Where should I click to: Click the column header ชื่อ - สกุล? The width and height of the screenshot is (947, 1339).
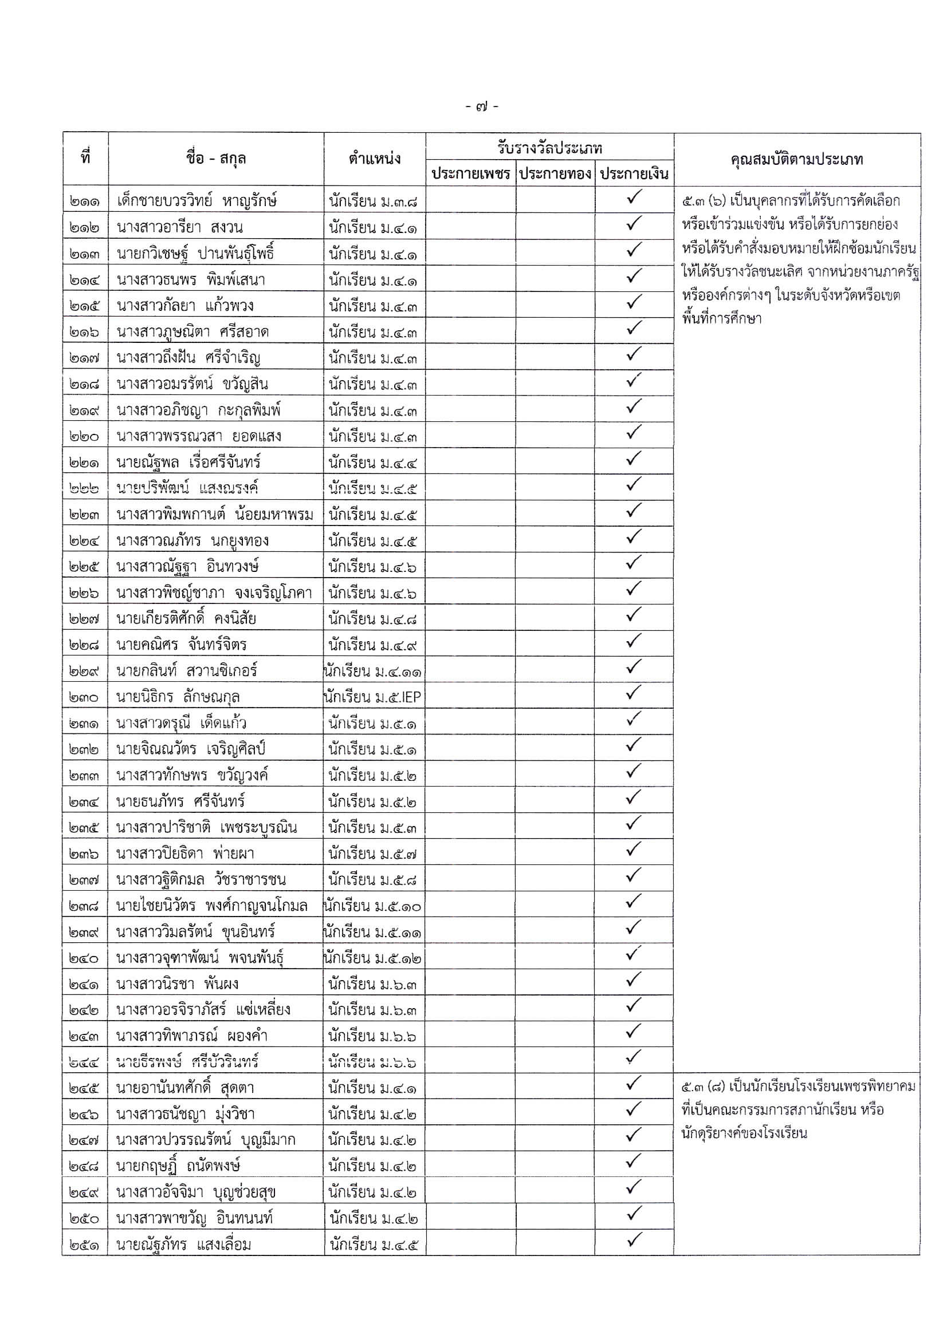pyautogui.click(x=216, y=159)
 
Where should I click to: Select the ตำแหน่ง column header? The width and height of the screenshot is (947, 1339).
pyautogui.click(x=375, y=159)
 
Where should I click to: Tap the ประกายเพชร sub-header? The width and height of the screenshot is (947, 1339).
pyautogui.click(x=470, y=174)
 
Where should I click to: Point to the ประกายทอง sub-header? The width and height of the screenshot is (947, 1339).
pyautogui.click(x=555, y=174)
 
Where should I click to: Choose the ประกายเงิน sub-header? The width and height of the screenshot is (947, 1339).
pyautogui.click(x=634, y=174)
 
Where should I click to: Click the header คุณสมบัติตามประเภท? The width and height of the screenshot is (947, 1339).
pyautogui.click(x=797, y=159)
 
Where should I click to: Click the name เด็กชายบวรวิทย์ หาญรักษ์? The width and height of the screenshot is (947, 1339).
pyautogui.click(x=197, y=201)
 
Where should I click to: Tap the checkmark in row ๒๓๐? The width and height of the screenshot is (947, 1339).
pyautogui.click(x=633, y=693)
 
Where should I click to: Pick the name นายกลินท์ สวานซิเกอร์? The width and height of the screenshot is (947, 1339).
pyautogui.click(x=187, y=672)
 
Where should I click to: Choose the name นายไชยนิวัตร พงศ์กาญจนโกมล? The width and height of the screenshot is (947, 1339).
pyautogui.click(x=212, y=906)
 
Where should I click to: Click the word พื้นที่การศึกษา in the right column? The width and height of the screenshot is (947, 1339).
pyautogui.click(x=721, y=319)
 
